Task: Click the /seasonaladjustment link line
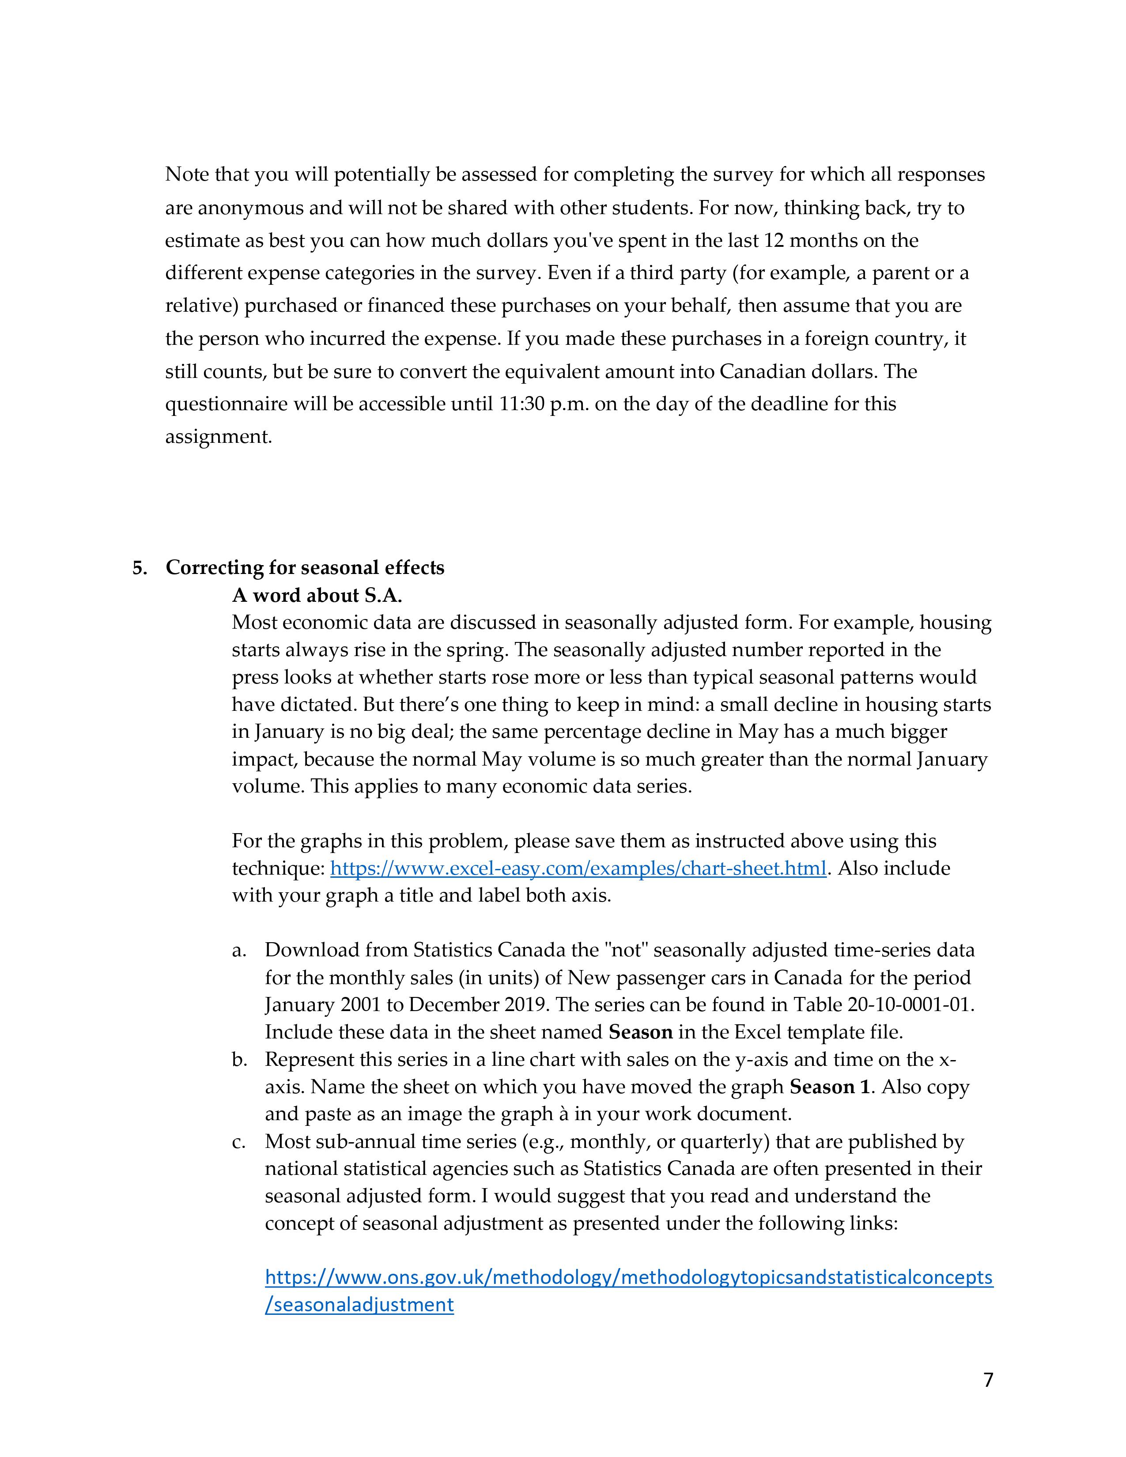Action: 359,1304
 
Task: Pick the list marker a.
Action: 239,950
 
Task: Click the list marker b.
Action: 239,1059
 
